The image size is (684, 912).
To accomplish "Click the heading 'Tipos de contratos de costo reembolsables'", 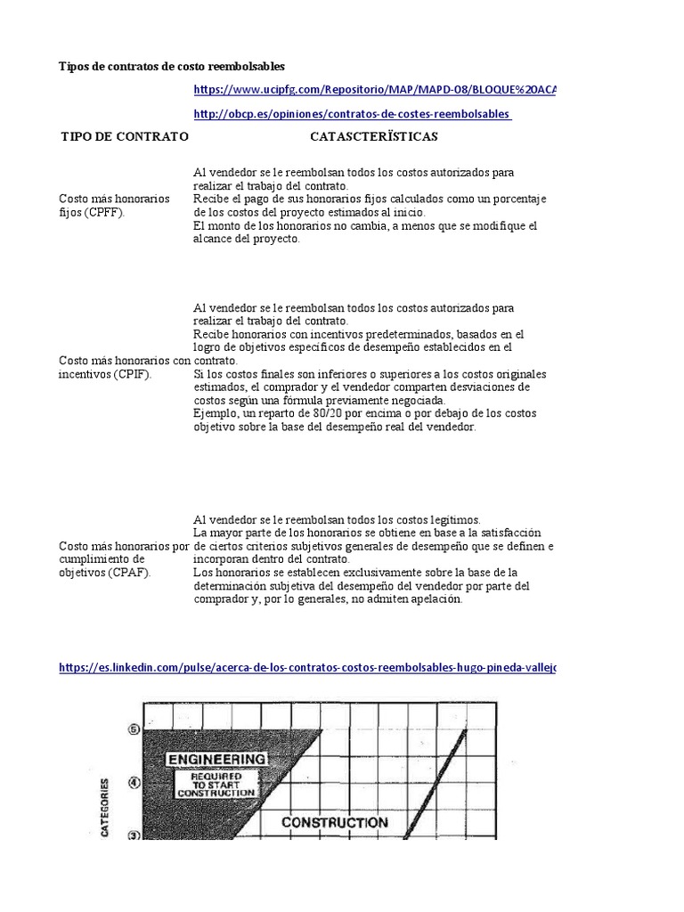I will pyautogui.click(x=172, y=67).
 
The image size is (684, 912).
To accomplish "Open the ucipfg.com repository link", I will pyautogui.click(x=374, y=90).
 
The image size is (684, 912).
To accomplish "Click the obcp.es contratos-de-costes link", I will pyautogui.click(x=352, y=114).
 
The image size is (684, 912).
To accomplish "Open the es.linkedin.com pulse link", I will pyautogui.click(x=307, y=667).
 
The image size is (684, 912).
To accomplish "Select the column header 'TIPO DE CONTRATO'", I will pyautogui.click(x=124, y=137).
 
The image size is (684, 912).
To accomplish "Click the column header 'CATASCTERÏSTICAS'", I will pyautogui.click(x=373, y=137).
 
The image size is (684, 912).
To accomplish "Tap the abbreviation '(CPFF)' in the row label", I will pyautogui.click(x=105, y=214).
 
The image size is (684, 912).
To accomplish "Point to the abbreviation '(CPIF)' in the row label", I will pyautogui.click(x=131, y=374).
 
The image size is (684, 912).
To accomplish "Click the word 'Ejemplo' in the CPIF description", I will pyautogui.click(x=215, y=414).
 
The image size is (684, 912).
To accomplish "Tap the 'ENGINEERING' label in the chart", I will pyautogui.click(x=215, y=759).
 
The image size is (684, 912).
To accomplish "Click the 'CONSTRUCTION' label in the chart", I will pyautogui.click(x=334, y=822).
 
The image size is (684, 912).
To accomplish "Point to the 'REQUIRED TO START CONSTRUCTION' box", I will pyautogui.click(x=216, y=785).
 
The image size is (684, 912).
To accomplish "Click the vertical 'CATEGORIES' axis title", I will pyautogui.click(x=106, y=807).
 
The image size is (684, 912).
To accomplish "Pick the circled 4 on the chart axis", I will pyautogui.click(x=134, y=783).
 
